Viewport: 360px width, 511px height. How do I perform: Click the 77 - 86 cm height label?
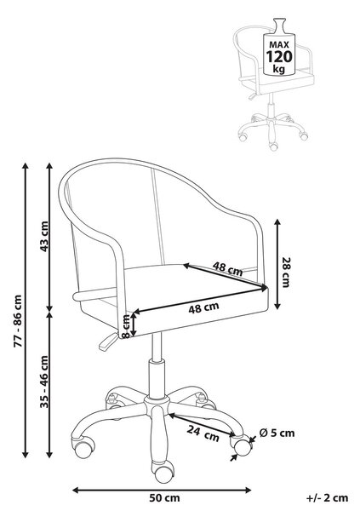coord(18,321)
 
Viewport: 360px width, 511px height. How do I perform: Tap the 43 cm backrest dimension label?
coord(44,236)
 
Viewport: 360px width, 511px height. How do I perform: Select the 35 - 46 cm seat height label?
coord(44,382)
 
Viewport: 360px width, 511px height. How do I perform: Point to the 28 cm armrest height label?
coord(286,273)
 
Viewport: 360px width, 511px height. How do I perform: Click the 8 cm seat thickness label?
coord(125,326)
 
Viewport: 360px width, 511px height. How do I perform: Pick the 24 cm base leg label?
coord(203,433)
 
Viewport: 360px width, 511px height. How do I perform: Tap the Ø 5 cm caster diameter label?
coord(277,433)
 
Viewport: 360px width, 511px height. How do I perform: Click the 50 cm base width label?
coord(164,497)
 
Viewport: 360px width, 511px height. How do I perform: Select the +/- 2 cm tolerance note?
coord(327,497)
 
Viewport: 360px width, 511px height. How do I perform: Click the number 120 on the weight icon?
coord(279,57)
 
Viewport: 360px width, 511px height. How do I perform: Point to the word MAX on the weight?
coord(279,44)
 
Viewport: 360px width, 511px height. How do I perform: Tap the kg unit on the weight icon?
coord(279,69)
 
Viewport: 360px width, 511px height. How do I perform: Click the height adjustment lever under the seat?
coord(108,342)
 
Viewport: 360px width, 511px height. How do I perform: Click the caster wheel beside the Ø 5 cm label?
coord(243,446)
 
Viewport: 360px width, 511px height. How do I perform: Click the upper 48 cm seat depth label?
coord(228,268)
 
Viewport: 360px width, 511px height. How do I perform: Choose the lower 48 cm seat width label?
coord(203,307)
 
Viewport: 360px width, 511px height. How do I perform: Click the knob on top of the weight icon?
coord(279,25)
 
